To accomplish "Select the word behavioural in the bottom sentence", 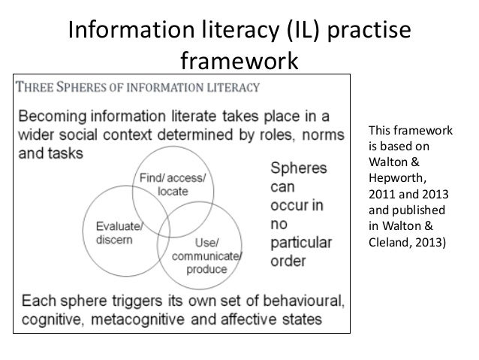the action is point(303,302).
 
